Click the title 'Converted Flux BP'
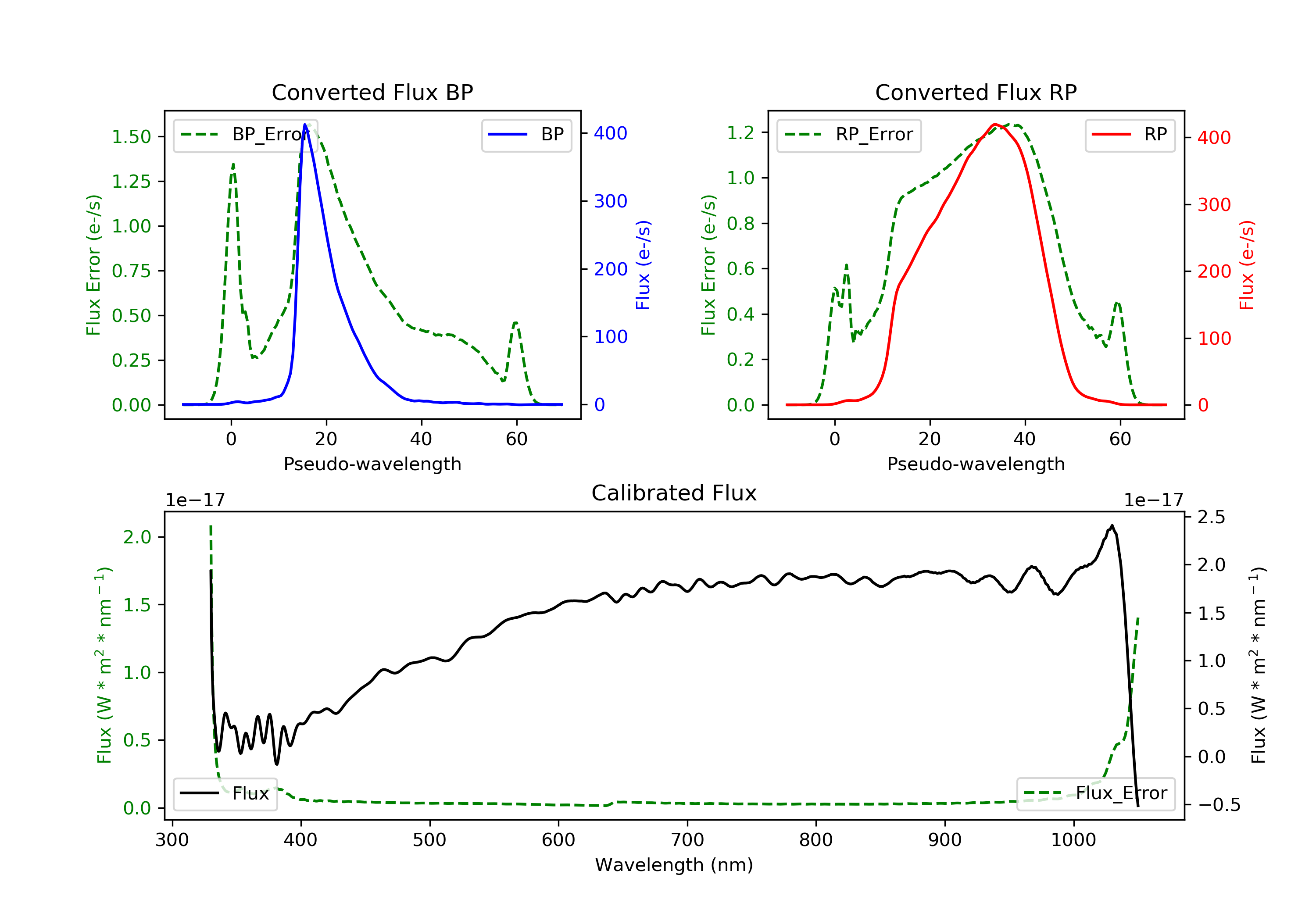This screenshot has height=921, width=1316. (x=372, y=92)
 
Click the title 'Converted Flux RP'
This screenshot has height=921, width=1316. (x=976, y=92)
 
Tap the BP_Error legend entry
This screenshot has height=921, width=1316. (x=245, y=135)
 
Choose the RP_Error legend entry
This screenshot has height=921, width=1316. (x=849, y=135)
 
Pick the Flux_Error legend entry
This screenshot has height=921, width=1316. (x=1095, y=793)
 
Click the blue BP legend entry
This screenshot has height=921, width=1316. (x=526, y=135)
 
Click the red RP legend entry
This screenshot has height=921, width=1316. (x=1130, y=135)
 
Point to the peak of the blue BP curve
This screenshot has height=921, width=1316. (x=305, y=125)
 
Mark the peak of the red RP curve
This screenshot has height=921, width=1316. (x=995, y=125)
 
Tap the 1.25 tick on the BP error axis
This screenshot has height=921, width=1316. (x=131, y=182)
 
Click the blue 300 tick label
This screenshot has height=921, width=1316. (x=611, y=201)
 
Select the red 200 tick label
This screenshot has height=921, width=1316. (x=1214, y=271)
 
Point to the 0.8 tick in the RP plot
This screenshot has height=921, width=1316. (x=740, y=224)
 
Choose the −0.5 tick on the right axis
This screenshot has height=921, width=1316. (x=1219, y=805)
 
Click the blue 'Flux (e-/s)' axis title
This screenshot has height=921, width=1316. (x=643, y=265)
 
